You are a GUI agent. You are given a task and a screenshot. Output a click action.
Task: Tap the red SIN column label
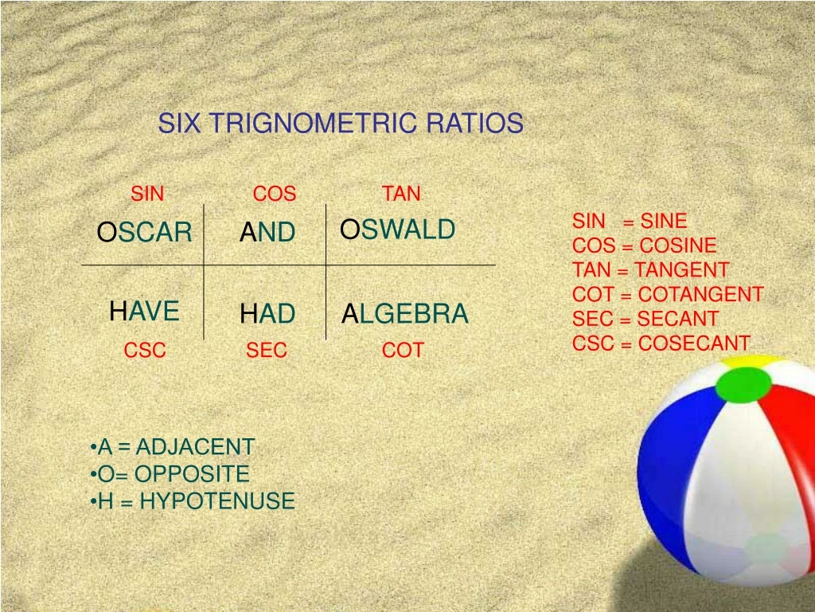pos(147,194)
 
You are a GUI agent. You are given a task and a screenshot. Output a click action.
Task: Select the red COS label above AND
pos(275,194)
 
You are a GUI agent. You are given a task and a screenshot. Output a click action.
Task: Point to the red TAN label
pos(401,194)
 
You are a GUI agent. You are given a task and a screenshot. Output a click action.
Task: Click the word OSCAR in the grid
pos(144,233)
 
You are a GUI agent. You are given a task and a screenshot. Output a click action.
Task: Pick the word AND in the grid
pos(267,233)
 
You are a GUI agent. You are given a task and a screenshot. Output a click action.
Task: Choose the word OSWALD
pos(398,229)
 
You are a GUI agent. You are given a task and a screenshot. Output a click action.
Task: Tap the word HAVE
pos(144,311)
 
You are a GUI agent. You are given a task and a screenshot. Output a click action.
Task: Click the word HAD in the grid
pos(267,314)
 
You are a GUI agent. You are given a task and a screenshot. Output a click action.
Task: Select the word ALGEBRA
pos(405,314)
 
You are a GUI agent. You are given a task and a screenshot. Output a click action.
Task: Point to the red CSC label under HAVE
pos(145,351)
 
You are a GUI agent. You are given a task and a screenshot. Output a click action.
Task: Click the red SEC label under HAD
pos(267,351)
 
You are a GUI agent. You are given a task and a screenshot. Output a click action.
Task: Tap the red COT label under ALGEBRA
pos(403,351)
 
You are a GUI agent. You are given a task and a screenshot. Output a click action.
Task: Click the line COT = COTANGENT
pos(667,295)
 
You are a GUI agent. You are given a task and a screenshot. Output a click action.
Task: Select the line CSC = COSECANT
pos(661,343)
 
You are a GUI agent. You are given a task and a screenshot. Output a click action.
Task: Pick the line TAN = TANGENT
pos(650,270)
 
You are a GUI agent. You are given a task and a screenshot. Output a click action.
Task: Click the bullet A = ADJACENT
pos(174,447)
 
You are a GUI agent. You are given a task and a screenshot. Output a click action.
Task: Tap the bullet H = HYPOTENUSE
pos(193,501)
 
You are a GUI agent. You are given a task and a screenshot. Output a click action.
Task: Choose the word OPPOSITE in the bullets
pos(192,474)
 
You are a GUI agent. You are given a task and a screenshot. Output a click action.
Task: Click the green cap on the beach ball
pos(743,383)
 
